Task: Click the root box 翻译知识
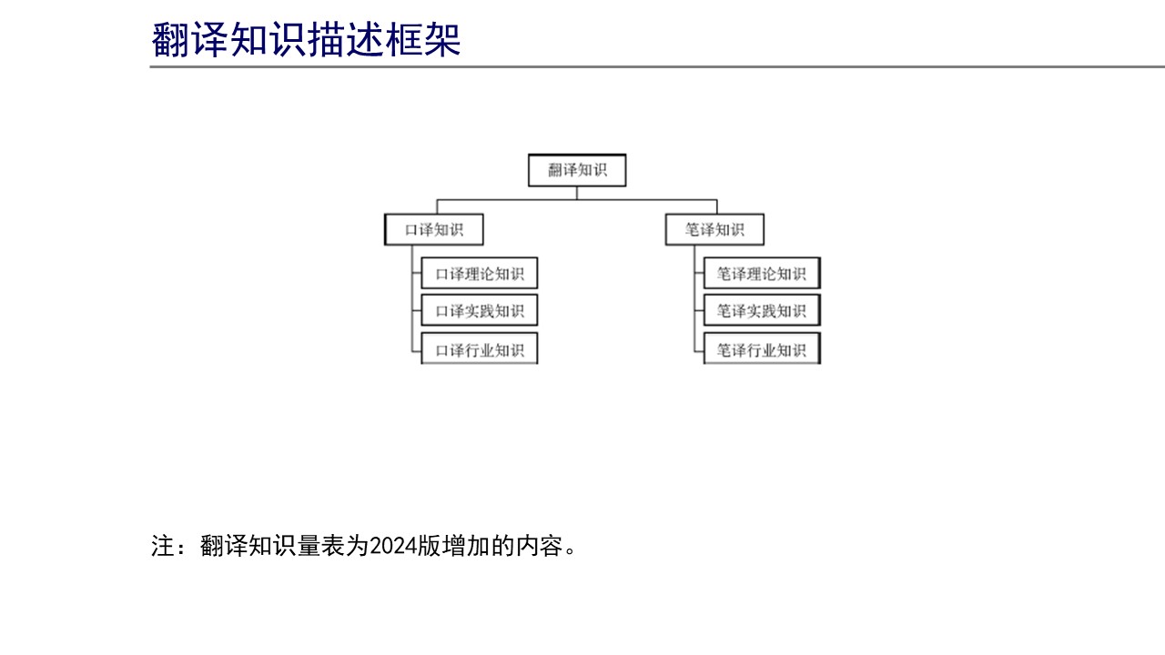coord(577,170)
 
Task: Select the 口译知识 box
coord(434,229)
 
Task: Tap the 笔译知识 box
coord(714,229)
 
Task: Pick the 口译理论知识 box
coord(479,273)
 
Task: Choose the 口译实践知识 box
coord(479,310)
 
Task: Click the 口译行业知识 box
coord(479,348)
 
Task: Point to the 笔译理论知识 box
coord(762,273)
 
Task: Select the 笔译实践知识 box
coord(762,310)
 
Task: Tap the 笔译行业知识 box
coord(762,348)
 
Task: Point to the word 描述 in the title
coord(345,39)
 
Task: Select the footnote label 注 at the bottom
coord(163,547)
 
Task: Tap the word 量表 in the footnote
coord(309,547)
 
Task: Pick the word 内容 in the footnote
coord(540,547)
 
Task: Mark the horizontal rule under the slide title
coord(657,66)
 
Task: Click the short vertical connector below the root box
coord(577,193)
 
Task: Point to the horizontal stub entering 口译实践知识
coord(417,311)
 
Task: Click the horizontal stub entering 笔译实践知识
coord(699,311)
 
